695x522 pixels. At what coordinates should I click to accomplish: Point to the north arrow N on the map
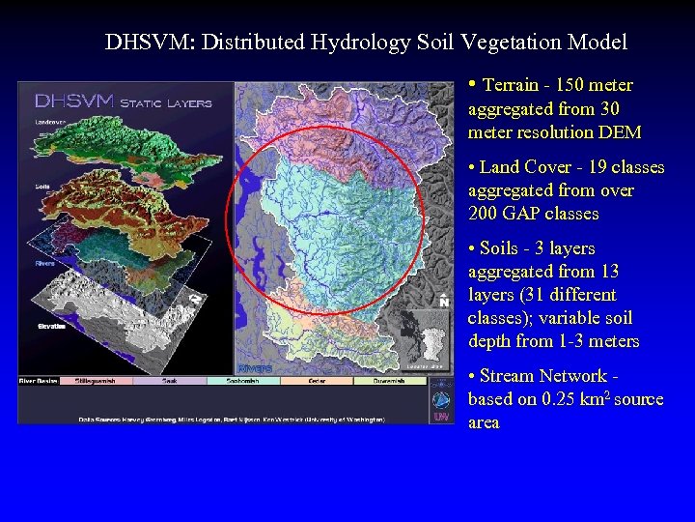point(443,302)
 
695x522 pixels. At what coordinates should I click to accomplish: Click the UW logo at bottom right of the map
point(440,415)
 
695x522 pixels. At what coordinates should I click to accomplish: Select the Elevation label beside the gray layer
point(52,327)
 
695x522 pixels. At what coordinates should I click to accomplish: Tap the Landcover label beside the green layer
point(50,121)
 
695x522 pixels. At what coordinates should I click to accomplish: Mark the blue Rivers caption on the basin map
point(255,368)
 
